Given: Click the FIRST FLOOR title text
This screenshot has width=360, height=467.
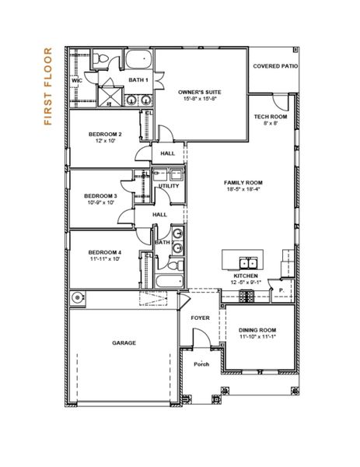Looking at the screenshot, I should coord(49,87).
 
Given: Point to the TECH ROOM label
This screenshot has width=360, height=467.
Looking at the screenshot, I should coord(271,117).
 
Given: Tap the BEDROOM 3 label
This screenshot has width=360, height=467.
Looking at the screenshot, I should coord(100,195).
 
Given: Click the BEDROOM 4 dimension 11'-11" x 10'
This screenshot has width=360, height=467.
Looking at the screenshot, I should coord(104,259).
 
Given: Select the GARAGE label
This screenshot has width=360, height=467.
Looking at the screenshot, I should coord(124,342).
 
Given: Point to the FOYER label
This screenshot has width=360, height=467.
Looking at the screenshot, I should coord(200,318).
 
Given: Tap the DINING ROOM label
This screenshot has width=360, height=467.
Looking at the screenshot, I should coord(257,330).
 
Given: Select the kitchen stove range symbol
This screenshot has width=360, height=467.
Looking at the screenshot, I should coord(246,296).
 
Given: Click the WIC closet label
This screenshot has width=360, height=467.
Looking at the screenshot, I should coord(77,79).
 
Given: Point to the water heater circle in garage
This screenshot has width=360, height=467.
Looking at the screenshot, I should coord(77,297).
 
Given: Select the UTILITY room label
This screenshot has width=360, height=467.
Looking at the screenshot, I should coord(169,186).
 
